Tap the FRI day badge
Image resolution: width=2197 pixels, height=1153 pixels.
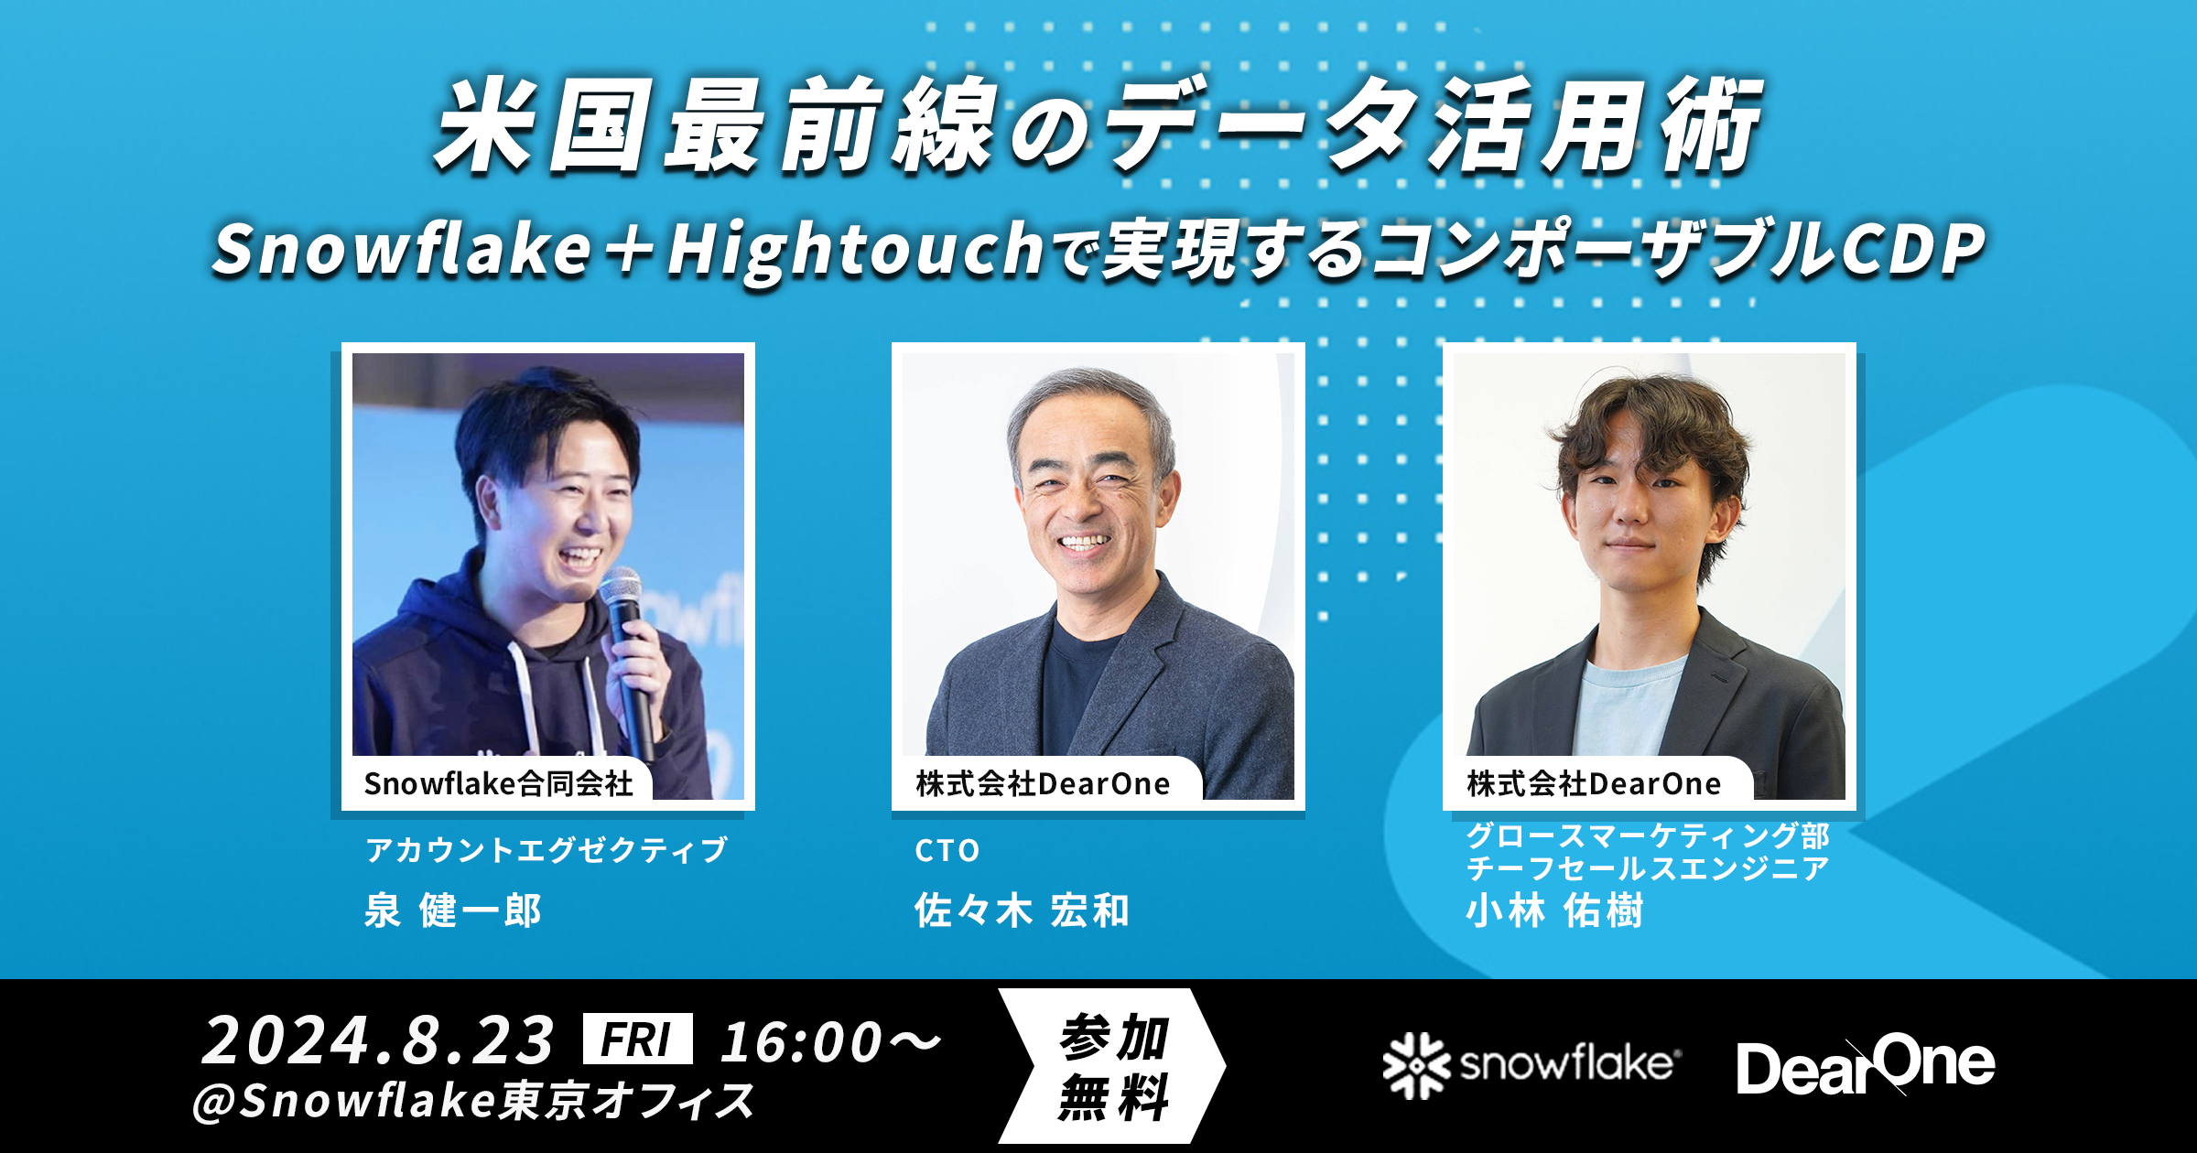pos(637,1040)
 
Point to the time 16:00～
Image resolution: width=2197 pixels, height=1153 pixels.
pos(829,1041)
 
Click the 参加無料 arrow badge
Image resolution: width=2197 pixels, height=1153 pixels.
pos(1113,1066)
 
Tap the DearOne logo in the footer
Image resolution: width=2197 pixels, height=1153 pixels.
pos(1866,1066)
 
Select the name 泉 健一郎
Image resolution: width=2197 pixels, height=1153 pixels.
pos(453,911)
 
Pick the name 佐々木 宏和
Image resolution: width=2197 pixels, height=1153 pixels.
pos(1022,911)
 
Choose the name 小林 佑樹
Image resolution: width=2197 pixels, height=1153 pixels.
pos(1554,911)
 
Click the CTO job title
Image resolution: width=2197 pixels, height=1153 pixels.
pos(947,851)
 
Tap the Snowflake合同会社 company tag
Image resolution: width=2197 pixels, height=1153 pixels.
pos(498,783)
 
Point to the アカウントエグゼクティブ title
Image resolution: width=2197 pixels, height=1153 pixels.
pos(547,850)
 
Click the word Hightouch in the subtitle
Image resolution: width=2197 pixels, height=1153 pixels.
pos(855,250)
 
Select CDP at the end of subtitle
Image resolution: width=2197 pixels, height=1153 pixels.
pos(1913,250)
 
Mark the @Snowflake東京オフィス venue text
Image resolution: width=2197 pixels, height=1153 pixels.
pos(473,1101)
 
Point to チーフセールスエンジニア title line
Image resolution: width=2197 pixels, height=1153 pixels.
pos(1648,868)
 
